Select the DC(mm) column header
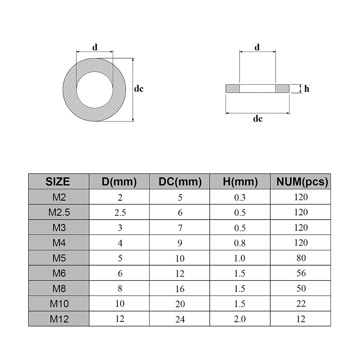[x=180, y=181]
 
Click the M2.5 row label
[x=59, y=212]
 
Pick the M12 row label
[x=59, y=319]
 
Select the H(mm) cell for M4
[x=240, y=243]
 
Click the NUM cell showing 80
[x=301, y=258]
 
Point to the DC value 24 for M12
[x=180, y=319]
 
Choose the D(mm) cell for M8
[x=120, y=289]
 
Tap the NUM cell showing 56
[x=301, y=273]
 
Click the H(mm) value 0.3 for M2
[x=240, y=197]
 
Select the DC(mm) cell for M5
[x=180, y=258]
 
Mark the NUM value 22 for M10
[x=301, y=304]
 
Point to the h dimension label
[x=307, y=89]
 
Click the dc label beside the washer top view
[x=139, y=89]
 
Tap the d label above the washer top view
[x=95, y=47]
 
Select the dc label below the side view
[x=258, y=119]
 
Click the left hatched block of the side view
[x=232, y=88]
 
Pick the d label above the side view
[x=257, y=47]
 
